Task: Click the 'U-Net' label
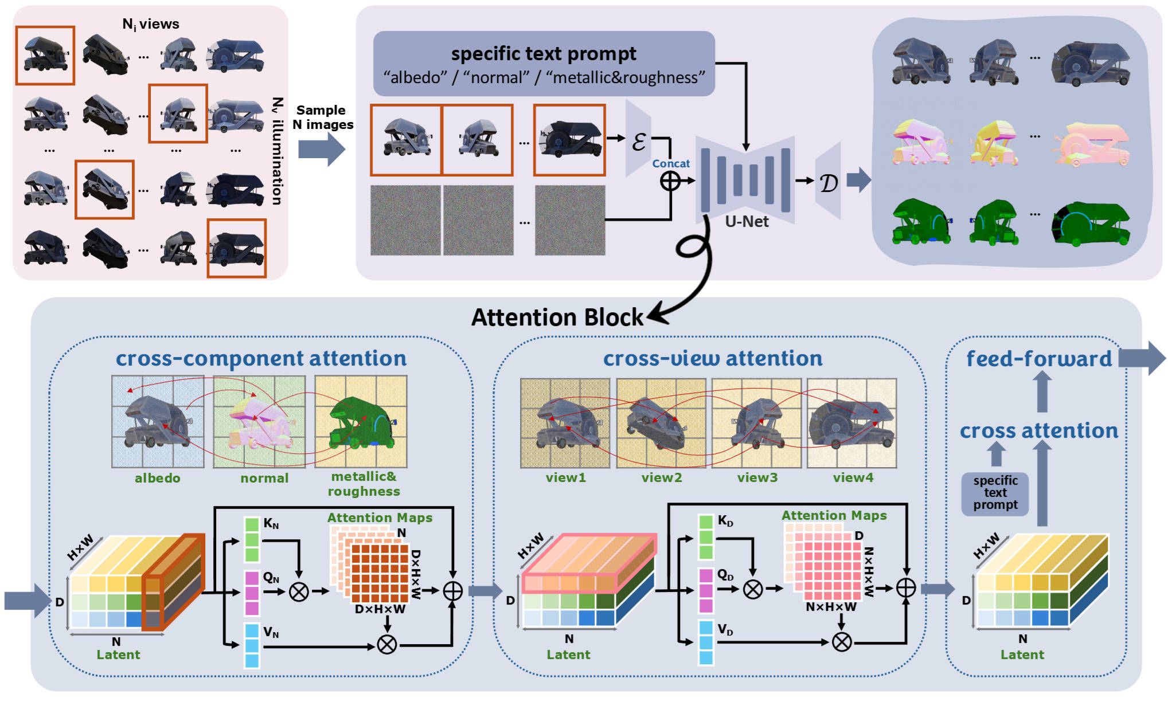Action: click(746, 221)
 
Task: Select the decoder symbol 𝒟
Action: click(828, 183)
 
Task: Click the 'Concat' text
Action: click(670, 163)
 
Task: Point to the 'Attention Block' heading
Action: click(557, 317)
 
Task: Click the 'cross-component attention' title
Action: click(261, 359)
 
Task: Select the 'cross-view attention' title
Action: click(712, 359)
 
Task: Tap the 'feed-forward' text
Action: click(1038, 359)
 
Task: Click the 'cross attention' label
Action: click(1038, 431)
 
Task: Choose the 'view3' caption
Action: click(757, 477)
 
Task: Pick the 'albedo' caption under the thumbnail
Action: click(157, 478)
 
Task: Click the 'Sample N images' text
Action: click(322, 117)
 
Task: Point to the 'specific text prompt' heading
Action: click(543, 54)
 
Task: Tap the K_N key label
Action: click(271, 523)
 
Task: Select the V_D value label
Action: click(725, 630)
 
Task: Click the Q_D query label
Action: click(725, 575)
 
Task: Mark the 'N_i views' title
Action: click(150, 24)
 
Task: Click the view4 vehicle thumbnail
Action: click(851, 423)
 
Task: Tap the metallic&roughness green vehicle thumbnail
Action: click(360, 422)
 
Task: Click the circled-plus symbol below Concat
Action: click(670, 181)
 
